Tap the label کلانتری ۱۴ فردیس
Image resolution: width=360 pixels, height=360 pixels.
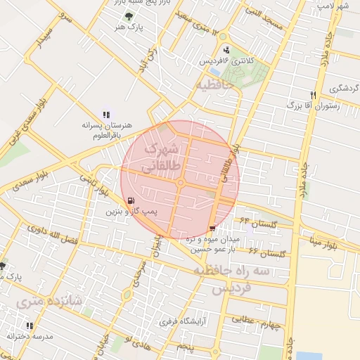[x=226, y=61]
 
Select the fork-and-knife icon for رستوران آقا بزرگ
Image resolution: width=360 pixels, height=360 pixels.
[x=314, y=95]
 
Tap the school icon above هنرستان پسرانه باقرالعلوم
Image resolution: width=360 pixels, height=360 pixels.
[x=106, y=114]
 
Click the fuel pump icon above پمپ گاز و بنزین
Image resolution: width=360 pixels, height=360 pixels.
[x=131, y=200]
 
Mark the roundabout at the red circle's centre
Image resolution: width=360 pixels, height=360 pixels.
[x=181, y=183]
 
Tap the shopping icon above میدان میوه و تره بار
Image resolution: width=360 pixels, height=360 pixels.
[x=213, y=229]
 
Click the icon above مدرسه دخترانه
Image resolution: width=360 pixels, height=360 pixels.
[x=29, y=326]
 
